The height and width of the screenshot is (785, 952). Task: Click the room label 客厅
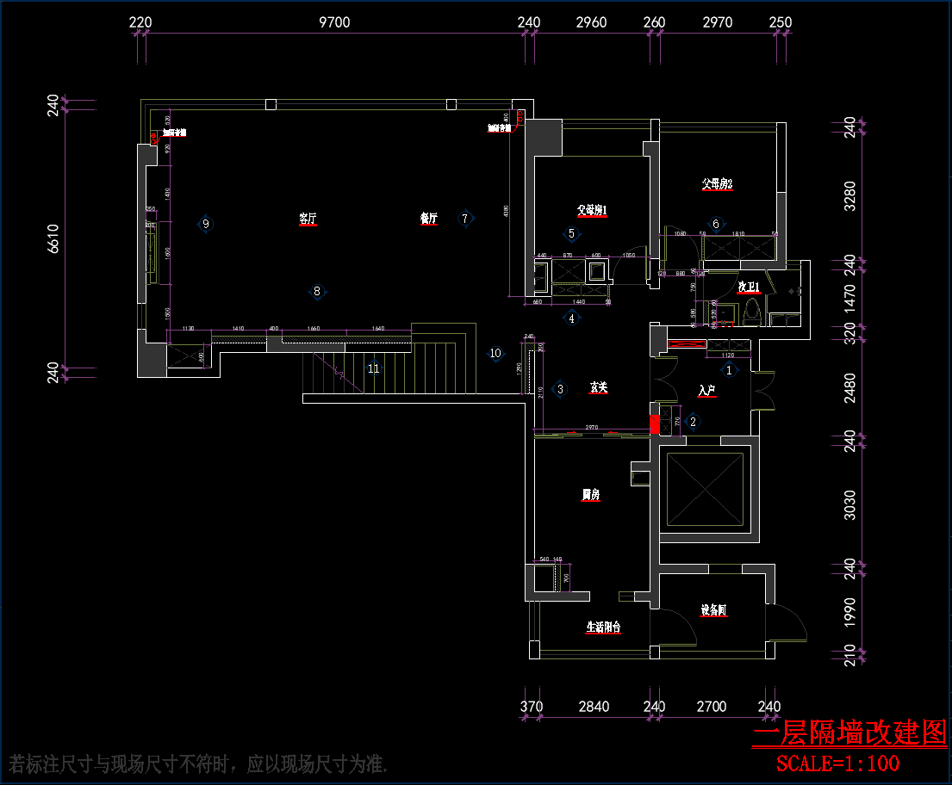pos(308,219)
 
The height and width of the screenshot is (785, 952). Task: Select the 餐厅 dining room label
pos(428,219)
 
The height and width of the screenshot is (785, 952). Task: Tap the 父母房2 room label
pos(716,184)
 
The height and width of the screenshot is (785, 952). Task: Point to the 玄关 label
pos(598,388)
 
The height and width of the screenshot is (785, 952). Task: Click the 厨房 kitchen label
pos(590,495)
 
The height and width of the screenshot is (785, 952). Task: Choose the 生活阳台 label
pos(603,627)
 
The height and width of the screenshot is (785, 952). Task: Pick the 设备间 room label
pos(712,610)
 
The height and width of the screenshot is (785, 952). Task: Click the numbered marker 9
pos(205,224)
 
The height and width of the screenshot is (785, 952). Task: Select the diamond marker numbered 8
pos(316,292)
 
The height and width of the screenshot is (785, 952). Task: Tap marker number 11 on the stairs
pos(373,368)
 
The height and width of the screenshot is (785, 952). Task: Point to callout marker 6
pos(715,224)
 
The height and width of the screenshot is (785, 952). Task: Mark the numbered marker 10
pos(495,353)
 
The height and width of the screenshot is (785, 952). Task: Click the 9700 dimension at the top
pos(334,22)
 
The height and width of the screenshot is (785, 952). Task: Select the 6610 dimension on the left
pos(53,238)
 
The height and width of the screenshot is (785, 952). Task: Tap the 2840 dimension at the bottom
pos(593,707)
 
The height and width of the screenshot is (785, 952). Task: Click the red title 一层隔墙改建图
pos(849,734)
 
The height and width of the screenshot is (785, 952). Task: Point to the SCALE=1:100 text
pos(837,763)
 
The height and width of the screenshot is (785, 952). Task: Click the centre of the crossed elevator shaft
pos(706,488)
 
